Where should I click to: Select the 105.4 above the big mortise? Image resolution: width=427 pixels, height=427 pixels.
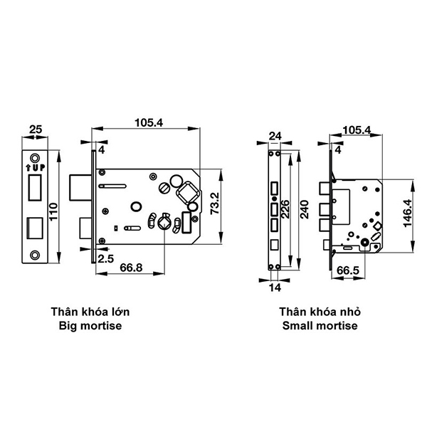(x=149, y=122)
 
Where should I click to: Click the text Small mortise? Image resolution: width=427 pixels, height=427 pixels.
(x=318, y=327)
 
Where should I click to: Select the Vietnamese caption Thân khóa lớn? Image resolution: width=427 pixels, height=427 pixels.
(x=90, y=312)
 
